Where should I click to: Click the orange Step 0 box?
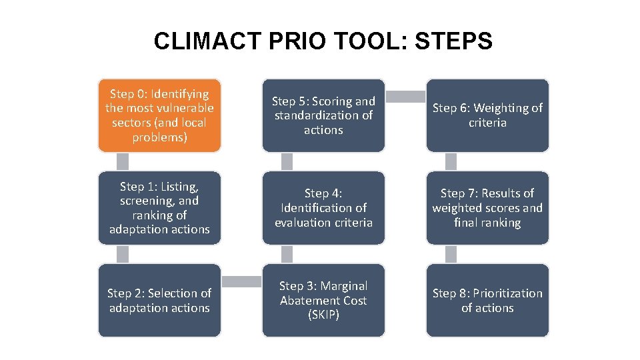coord(159,115)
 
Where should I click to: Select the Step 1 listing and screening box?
coord(159,208)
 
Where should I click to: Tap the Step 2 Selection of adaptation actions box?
coord(159,300)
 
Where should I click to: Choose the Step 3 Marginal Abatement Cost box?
coord(323,300)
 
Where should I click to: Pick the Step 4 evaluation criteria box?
coord(323,208)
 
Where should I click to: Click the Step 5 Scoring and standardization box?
coord(323,115)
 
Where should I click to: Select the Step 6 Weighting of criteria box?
coord(487,115)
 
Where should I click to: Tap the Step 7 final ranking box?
coord(487,208)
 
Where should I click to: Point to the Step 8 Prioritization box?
coord(487,300)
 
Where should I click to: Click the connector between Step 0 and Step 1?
coord(123,162)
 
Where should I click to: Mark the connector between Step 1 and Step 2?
coord(123,254)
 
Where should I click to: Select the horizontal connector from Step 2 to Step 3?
coord(241,282)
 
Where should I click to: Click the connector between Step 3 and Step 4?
coord(287,254)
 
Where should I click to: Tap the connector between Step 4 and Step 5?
coord(287,162)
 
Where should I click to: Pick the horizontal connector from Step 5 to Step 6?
coord(405,97)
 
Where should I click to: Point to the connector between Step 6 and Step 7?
coord(451,162)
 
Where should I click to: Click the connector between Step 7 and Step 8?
coord(451,254)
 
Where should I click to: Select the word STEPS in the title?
coord(453,41)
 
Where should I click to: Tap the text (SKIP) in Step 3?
coord(323,315)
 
